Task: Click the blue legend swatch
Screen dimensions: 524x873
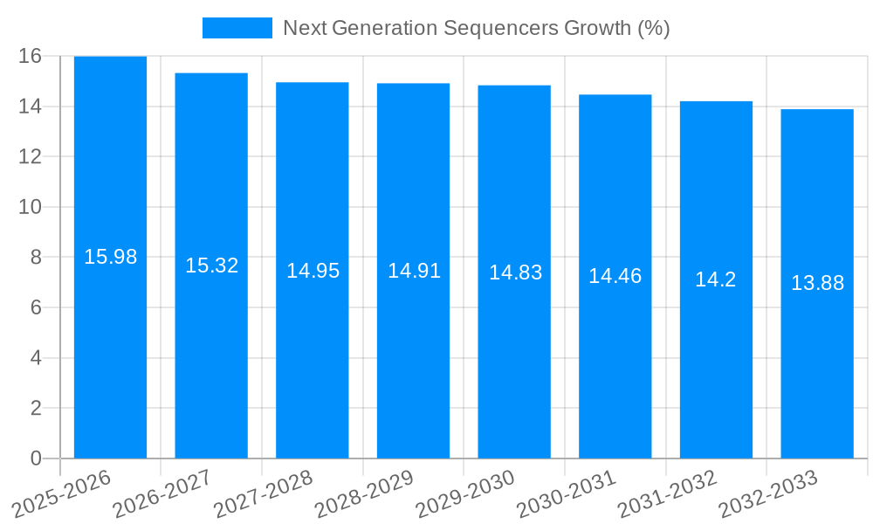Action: pyautogui.click(x=237, y=28)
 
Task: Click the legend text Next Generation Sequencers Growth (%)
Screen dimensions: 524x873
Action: pyautogui.click(x=476, y=28)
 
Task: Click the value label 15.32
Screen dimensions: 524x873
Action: pyautogui.click(x=211, y=265)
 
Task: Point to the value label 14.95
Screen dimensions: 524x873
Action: pyautogui.click(x=313, y=271)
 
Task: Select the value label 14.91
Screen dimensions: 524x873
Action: pyautogui.click(x=414, y=271)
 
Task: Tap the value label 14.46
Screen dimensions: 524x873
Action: pyautogui.click(x=615, y=277)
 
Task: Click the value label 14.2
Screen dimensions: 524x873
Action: pyautogui.click(x=716, y=279)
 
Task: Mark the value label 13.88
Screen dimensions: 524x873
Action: pyautogui.click(x=817, y=283)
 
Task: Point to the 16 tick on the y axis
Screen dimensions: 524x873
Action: pyautogui.click(x=31, y=56)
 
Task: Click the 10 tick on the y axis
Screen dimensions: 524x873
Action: pyautogui.click(x=31, y=207)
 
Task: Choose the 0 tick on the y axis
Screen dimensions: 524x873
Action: pyautogui.click(x=36, y=458)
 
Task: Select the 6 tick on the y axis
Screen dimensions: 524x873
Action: pyautogui.click(x=36, y=307)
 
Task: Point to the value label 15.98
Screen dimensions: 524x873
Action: pyautogui.click(x=110, y=257)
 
